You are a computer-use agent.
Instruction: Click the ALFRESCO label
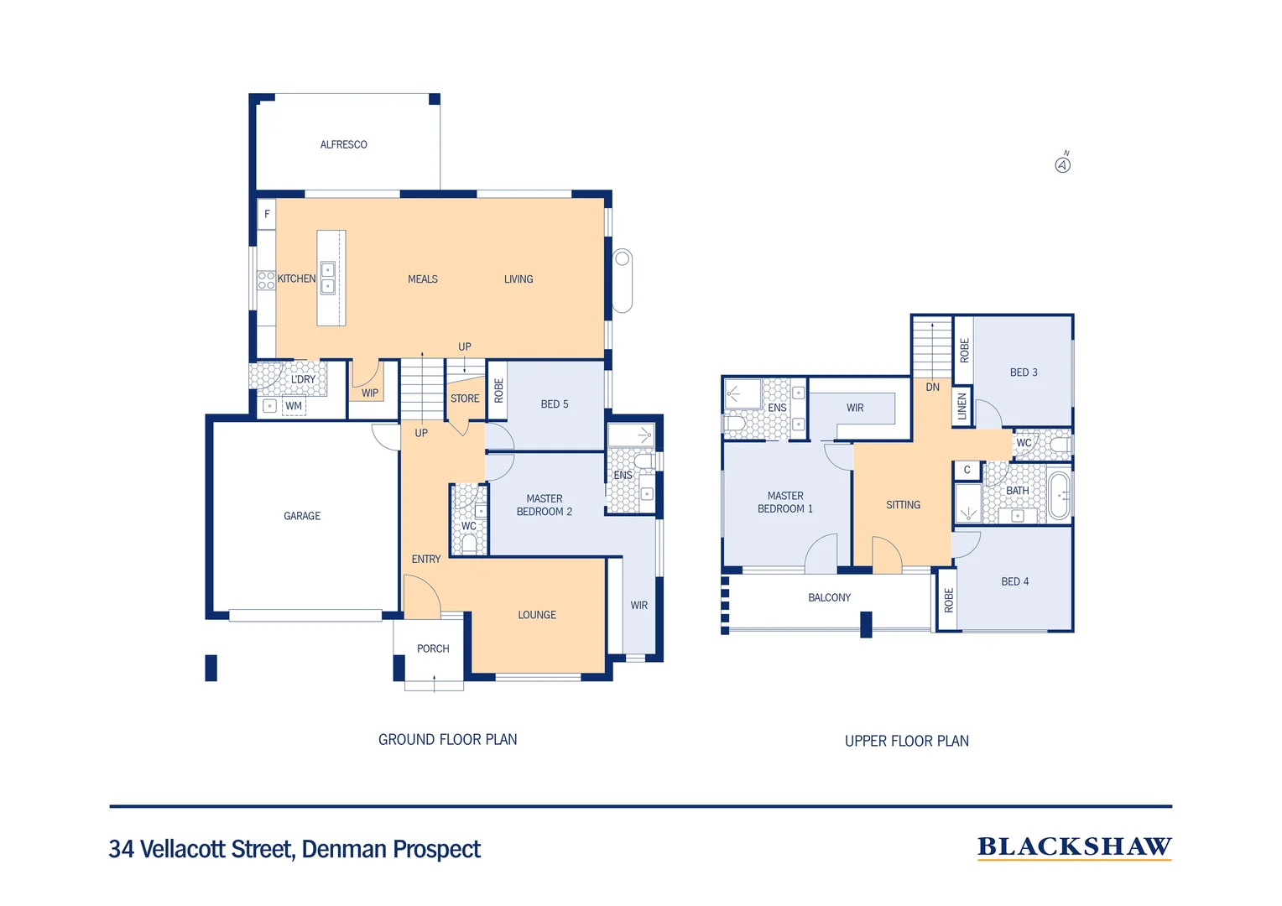click(x=343, y=145)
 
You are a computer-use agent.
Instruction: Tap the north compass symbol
click(x=1063, y=164)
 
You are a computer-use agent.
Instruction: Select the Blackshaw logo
click(x=1074, y=847)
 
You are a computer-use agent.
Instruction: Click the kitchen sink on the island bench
click(x=328, y=278)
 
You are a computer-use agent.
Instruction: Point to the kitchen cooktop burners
click(x=266, y=280)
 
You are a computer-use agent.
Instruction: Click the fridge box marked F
click(x=267, y=214)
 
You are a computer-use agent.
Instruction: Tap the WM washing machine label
click(x=294, y=406)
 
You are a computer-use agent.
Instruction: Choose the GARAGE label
click(x=302, y=516)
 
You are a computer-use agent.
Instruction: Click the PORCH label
click(x=433, y=648)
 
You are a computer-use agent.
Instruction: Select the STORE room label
click(x=465, y=398)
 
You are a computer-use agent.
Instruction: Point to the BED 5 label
click(x=555, y=404)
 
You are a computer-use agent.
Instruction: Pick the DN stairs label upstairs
click(x=933, y=387)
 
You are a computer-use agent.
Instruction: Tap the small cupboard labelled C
click(x=967, y=470)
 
